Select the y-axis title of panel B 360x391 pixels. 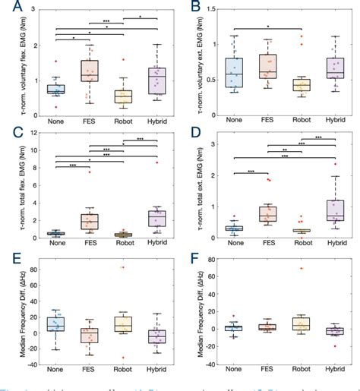click(x=199, y=64)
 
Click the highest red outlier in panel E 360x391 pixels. click(x=122, y=267)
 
